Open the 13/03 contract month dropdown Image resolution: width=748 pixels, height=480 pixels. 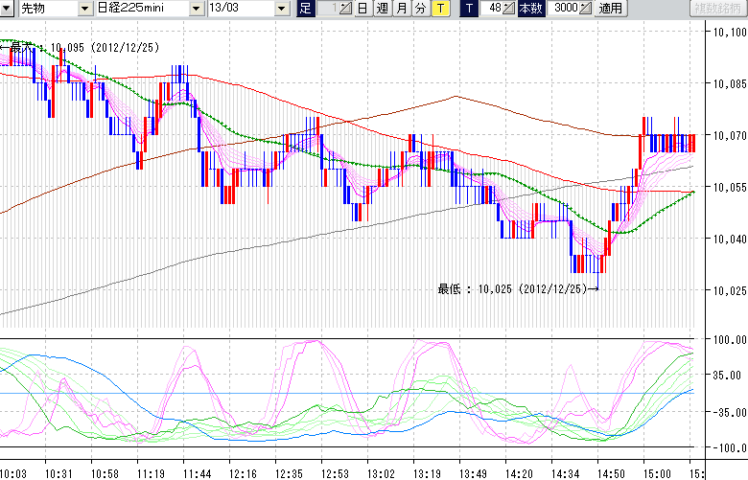tap(247, 9)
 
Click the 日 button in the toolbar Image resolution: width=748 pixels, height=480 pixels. tap(362, 9)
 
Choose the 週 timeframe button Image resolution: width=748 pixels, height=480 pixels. tap(382, 9)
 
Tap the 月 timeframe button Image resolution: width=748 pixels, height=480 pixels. tap(401, 9)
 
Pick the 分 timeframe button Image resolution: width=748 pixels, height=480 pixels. tap(420, 9)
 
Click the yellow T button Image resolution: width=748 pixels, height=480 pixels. tap(439, 9)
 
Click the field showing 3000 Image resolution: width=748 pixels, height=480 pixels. tap(566, 9)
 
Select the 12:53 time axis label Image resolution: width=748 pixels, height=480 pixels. tap(336, 472)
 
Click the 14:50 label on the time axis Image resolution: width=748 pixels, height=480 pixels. tap(610, 472)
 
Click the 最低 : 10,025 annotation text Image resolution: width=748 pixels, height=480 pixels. tap(513, 287)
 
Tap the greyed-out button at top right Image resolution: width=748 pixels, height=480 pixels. tap(718, 9)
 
